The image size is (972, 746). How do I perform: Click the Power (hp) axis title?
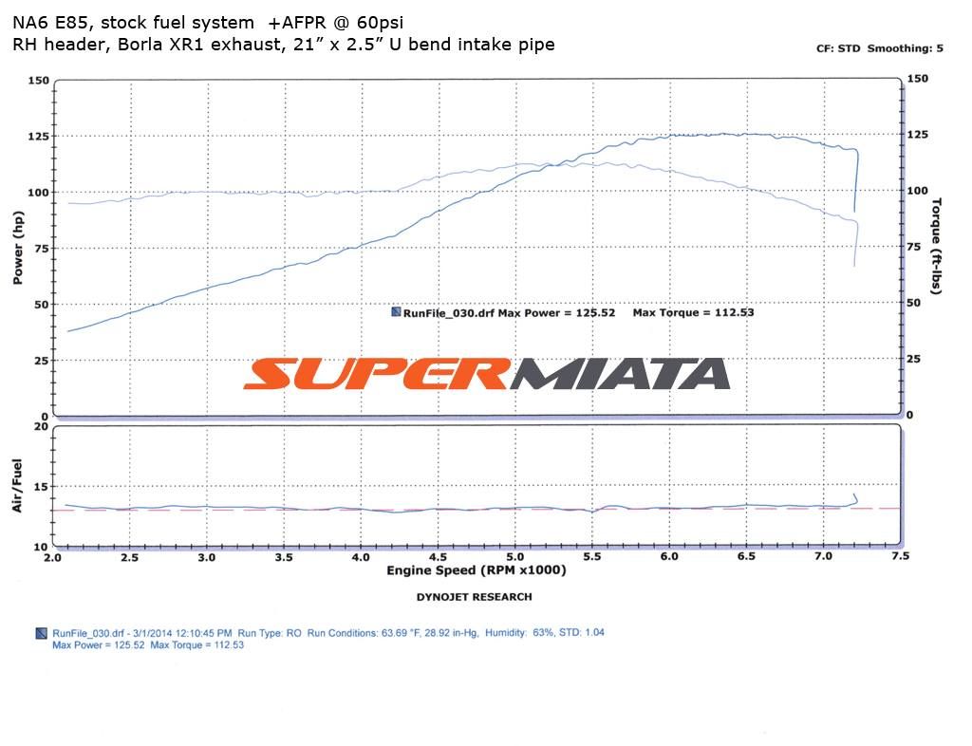pyautogui.click(x=18, y=249)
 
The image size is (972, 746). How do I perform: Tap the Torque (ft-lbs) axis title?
pyautogui.click(x=937, y=246)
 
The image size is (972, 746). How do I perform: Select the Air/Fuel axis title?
pyautogui.click(x=18, y=486)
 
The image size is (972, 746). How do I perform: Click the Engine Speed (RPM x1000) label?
pyautogui.click(x=476, y=570)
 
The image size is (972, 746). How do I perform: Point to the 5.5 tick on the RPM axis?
pyautogui.click(x=592, y=557)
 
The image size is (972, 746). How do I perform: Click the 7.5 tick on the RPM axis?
pyautogui.click(x=900, y=557)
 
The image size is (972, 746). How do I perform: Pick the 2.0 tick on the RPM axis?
pyautogui.click(x=53, y=557)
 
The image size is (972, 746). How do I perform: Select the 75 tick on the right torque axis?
pyautogui.click(x=916, y=247)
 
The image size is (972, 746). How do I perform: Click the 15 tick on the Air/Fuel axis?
pyautogui.click(x=40, y=487)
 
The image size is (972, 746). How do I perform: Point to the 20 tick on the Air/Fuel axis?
pyautogui.click(x=40, y=427)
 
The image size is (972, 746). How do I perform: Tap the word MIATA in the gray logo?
pyautogui.click(x=622, y=374)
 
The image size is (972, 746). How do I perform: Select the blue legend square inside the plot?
pyautogui.click(x=395, y=312)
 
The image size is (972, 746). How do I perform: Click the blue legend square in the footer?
pyautogui.click(x=40, y=633)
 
